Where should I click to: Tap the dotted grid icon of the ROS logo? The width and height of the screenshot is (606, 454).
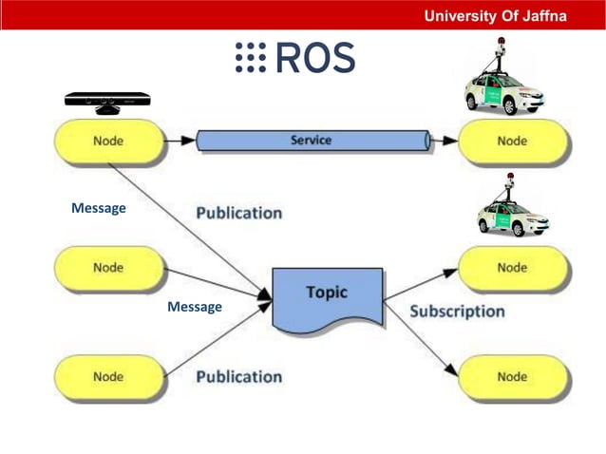[x=250, y=58]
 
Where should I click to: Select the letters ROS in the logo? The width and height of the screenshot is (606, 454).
[x=315, y=58]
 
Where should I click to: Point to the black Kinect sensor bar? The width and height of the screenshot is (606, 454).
[x=107, y=100]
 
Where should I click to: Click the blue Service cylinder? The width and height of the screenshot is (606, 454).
[x=312, y=141]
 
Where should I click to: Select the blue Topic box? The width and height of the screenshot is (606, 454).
[x=327, y=298]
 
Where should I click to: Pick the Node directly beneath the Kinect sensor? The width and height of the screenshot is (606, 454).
[x=108, y=142]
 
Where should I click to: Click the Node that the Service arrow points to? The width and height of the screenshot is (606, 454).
[x=512, y=142]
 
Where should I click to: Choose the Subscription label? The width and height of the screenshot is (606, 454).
[x=457, y=311]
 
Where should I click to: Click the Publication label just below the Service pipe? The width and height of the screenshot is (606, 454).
[x=238, y=213]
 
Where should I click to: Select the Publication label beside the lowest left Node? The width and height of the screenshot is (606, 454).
[x=238, y=376]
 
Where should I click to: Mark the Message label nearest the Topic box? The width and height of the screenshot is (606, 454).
[x=194, y=307]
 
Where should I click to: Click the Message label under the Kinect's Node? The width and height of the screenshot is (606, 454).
[x=98, y=208]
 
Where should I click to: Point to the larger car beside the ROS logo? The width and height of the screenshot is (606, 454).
[x=505, y=89]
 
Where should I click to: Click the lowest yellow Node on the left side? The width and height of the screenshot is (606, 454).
[x=108, y=376]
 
